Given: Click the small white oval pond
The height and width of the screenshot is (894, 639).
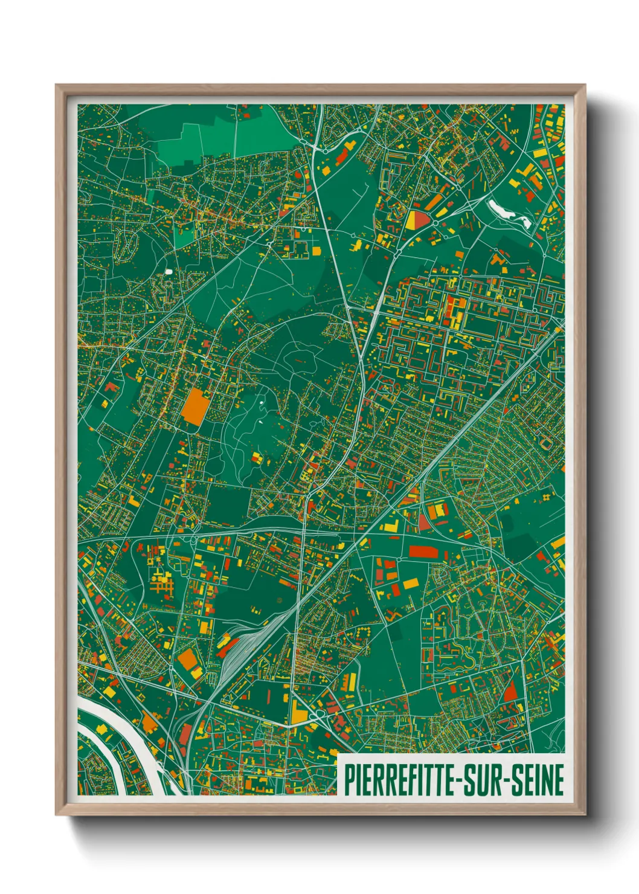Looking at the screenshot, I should [169, 271].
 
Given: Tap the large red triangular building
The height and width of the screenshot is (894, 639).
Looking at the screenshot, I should [510, 689].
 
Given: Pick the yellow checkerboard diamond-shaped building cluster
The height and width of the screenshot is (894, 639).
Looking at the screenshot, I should [547, 497].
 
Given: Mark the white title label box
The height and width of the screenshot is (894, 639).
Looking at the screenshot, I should [452, 776].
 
